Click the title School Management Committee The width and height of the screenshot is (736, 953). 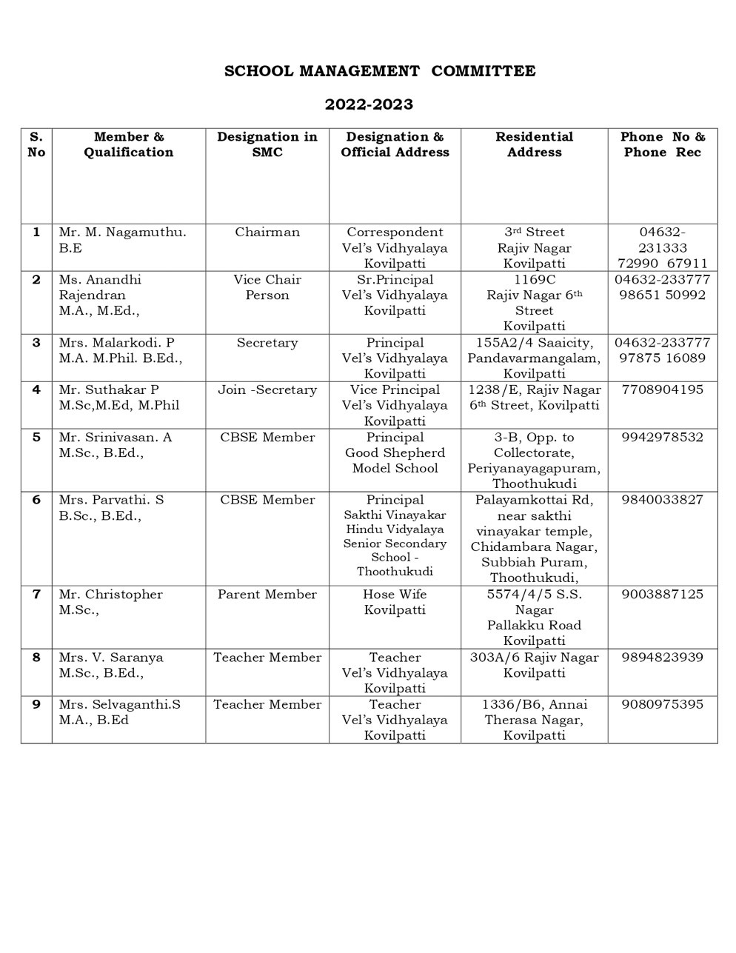380,71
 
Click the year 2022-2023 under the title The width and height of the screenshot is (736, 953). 369,104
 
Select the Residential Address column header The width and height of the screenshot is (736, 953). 534,144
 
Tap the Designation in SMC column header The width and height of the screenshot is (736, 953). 267,144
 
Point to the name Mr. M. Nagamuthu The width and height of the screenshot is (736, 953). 122,233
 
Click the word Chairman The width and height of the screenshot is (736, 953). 267,233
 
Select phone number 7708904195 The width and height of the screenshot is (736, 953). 663,389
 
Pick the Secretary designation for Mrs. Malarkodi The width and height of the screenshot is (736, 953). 267,343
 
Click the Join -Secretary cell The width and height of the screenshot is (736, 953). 267,389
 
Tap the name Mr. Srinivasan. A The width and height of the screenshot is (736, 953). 115,438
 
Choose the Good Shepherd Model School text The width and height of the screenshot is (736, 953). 395,461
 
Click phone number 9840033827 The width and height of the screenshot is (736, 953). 663,500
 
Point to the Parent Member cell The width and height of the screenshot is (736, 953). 267,595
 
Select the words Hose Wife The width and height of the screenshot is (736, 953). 395,595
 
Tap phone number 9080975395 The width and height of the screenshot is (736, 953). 663,704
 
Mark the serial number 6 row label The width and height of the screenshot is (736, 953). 36,500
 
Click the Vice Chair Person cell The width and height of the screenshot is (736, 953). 267,287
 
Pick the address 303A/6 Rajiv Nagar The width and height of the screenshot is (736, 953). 534,658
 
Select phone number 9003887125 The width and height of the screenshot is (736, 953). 663,595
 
